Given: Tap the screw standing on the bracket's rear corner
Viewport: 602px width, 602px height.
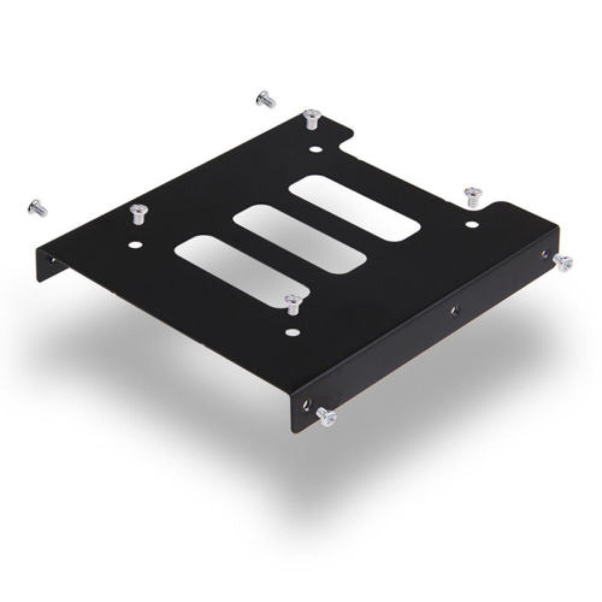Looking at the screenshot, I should [311, 118].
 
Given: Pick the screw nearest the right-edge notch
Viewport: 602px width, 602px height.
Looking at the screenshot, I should [471, 196].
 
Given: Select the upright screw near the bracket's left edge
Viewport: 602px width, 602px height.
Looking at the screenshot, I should [138, 213].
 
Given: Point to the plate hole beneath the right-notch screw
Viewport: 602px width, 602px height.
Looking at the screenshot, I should [471, 225].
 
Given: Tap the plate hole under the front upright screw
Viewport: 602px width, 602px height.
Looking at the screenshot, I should [293, 331].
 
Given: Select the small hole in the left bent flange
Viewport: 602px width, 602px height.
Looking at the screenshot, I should [51, 258].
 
